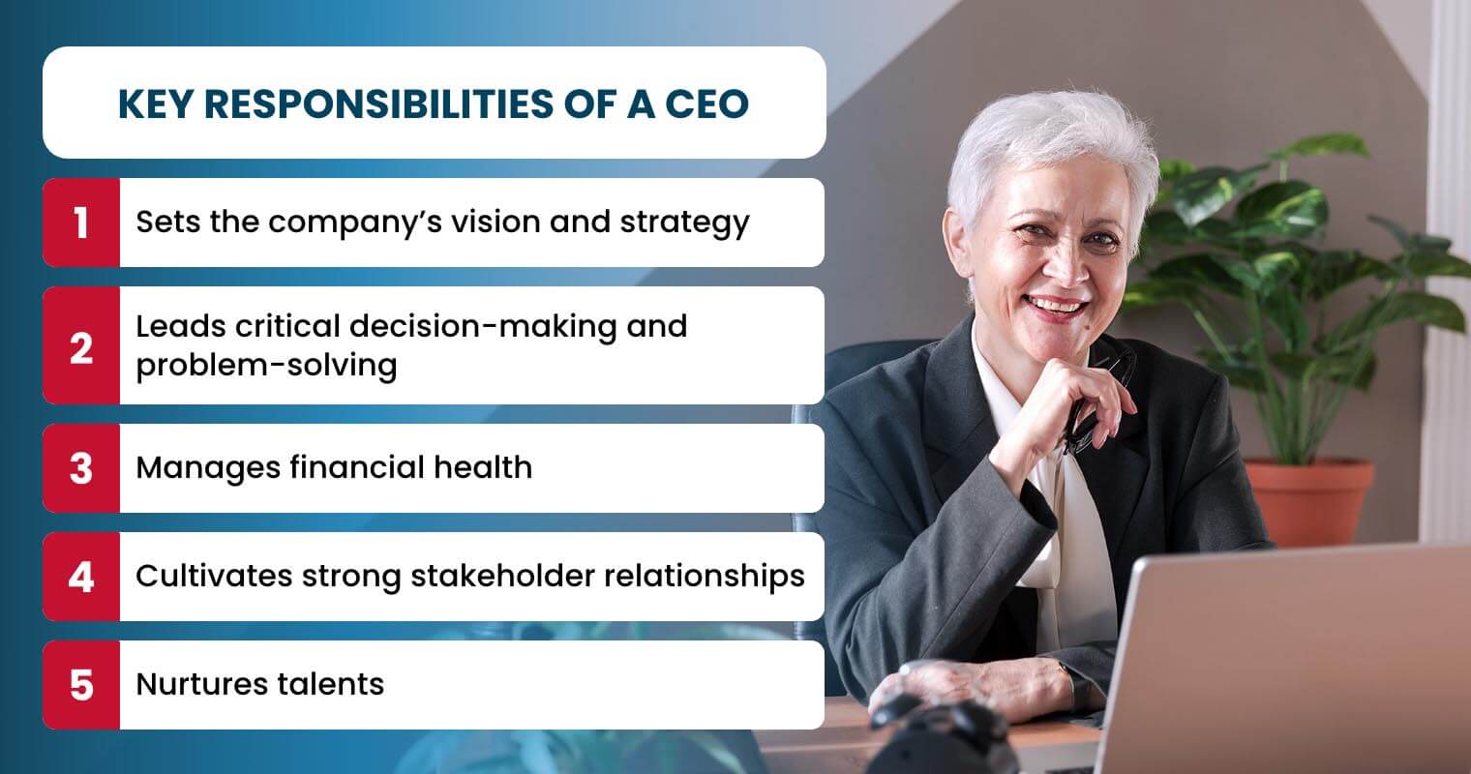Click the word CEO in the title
pyautogui.click(x=706, y=104)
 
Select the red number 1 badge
pyautogui.click(x=81, y=223)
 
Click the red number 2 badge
pyautogui.click(x=81, y=345)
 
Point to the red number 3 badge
pyautogui.click(x=81, y=468)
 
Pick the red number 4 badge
pyautogui.click(x=81, y=577)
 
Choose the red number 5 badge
pyautogui.click(x=81, y=685)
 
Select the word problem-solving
pyautogui.click(x=266, y=366)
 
